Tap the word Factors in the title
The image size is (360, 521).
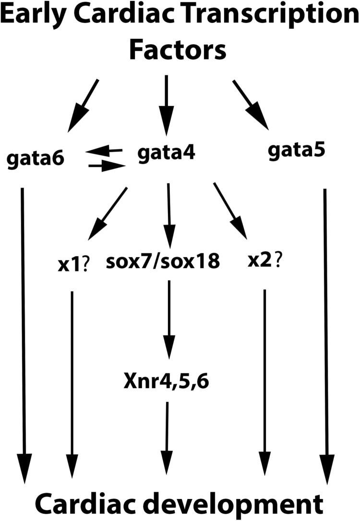178,50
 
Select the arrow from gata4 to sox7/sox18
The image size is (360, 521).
168,211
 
